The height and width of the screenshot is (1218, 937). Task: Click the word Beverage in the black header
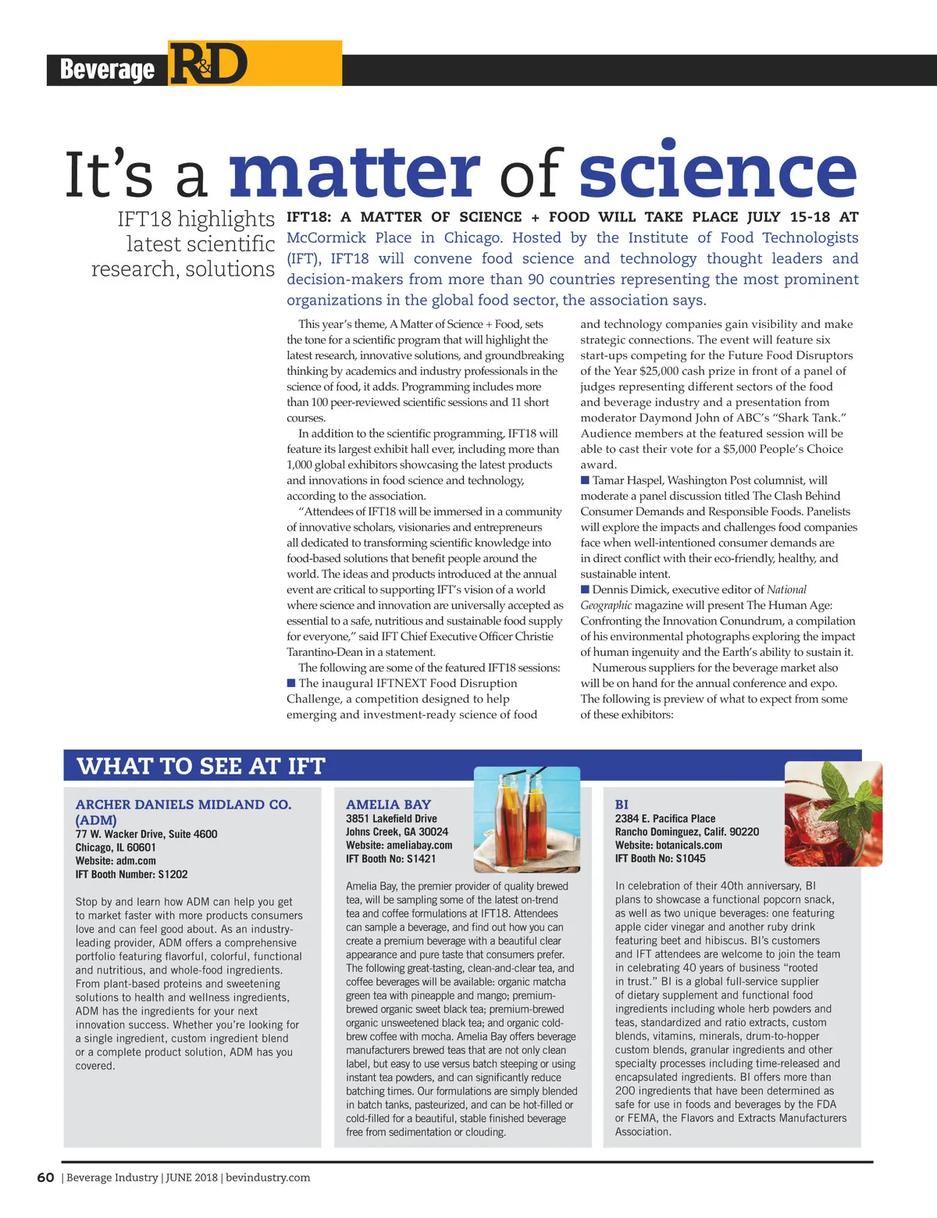coord(107,69)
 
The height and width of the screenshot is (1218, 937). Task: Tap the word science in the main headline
coord(718,171)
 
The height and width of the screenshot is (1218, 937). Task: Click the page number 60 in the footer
coord(45,1177)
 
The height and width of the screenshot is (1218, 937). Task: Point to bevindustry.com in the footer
coord(268,1177)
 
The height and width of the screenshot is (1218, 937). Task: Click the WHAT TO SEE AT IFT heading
coord(201,766)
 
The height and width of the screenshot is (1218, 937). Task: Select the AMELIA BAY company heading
coord(388,804)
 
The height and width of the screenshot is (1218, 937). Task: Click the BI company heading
coord(622,804)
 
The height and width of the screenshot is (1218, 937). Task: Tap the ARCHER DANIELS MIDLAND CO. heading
coord(183,804)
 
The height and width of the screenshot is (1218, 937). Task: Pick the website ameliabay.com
coord(420,845)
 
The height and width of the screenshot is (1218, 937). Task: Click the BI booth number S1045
coord(690,858)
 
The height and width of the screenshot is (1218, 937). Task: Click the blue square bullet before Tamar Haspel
coord(585,480)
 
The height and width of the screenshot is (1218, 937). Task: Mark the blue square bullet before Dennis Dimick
coord(585,589)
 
